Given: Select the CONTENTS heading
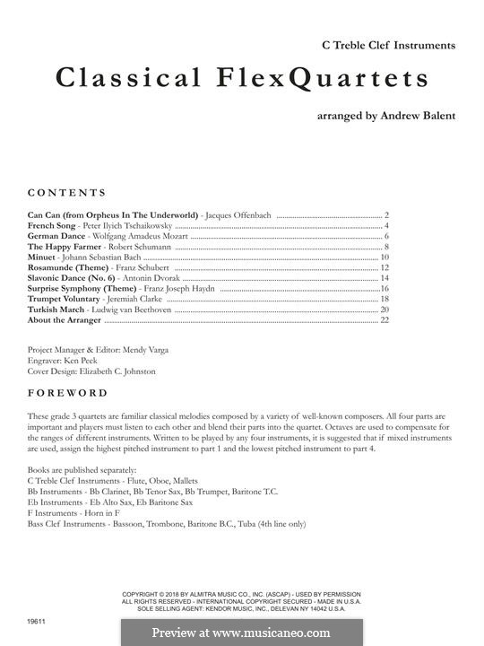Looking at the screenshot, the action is [x=67, y=193].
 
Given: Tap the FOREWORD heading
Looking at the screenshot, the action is [x=67, y=393].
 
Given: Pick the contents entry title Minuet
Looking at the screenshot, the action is [x=42, y=258].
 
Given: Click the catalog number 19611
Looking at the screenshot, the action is [x=37, y=619].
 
